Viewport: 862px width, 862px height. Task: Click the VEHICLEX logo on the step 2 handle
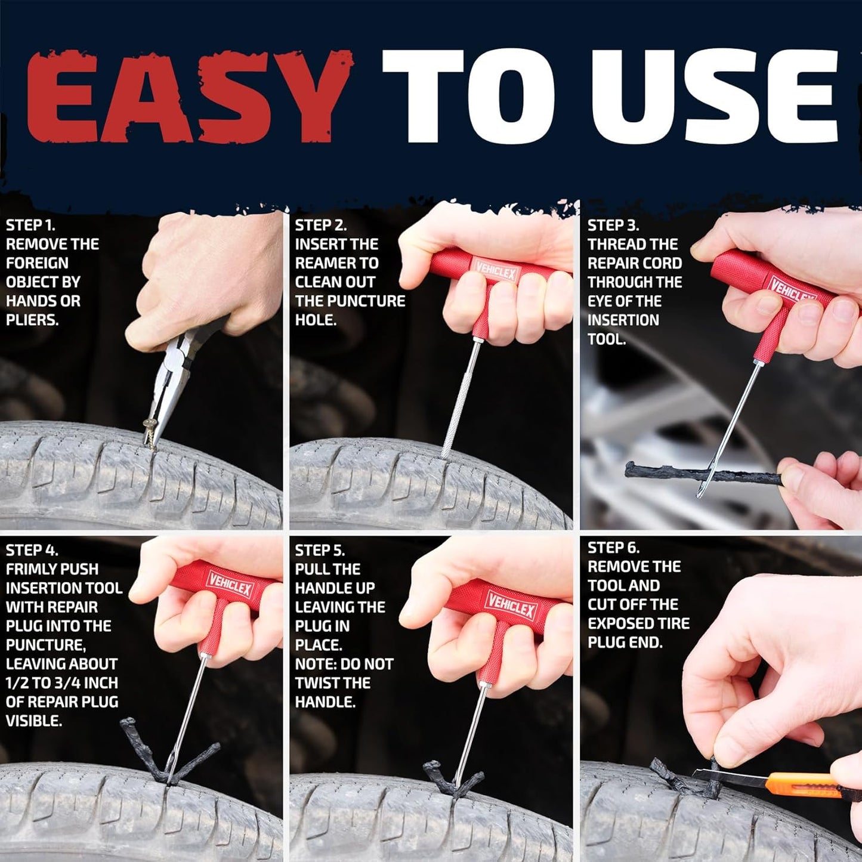tap(496, 271)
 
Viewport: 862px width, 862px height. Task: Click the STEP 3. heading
tap(613, 225)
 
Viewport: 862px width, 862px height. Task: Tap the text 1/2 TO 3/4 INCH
tap(62, 683)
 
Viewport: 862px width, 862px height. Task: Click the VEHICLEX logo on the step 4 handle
tap(231, 586)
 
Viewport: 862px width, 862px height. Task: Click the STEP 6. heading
tap(613, 548)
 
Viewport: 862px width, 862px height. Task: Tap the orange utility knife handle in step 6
tap(799, 783)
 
